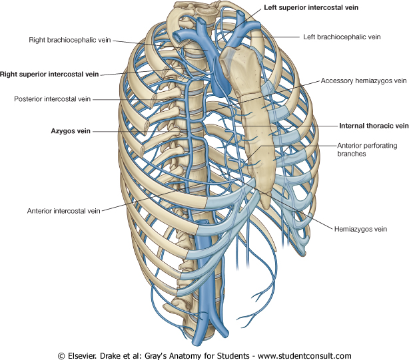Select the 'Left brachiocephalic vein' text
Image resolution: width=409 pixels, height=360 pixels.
(x=342, y=37)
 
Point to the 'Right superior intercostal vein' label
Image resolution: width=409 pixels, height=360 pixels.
(x=51, y=75)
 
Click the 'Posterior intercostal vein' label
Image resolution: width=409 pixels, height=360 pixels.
(x=53, y=99)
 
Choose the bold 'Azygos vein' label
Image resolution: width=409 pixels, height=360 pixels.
(x=70, y=132)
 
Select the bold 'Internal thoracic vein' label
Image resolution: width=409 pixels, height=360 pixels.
(x=373, y=125)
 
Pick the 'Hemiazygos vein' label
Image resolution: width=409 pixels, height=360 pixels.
(x=360, y=228)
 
